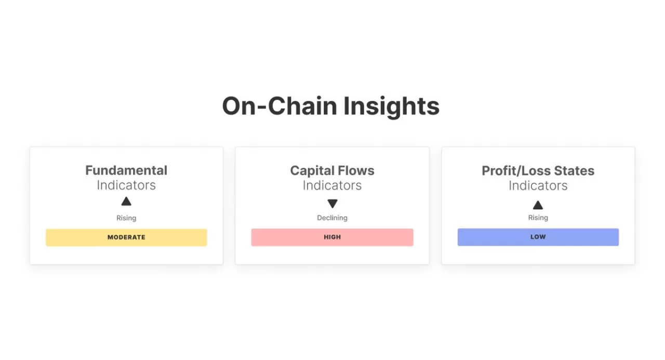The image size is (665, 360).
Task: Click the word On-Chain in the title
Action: tap(280, 106)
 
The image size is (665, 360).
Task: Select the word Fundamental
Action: tap(126, 170)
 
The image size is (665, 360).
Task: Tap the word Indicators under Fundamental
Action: tap(126, 185)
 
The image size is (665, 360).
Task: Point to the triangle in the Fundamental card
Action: tap(126, 202)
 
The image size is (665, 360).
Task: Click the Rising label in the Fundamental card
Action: tap(126, 218)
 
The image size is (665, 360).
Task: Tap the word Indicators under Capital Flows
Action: tap(332, 185)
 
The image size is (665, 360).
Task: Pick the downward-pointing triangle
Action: tap(332, 204)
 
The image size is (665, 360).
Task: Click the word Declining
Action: tap(332, 218)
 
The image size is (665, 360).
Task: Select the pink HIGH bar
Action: tap(332, 237)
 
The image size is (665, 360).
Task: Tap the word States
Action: tap(576, 170)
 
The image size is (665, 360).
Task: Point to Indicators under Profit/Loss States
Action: tap(538, 185)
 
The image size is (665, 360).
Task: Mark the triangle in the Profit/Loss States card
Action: tap(538, 205)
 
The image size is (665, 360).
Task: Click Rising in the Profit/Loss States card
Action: tap(538, 218)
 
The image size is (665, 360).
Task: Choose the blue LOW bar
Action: tap(538, 237)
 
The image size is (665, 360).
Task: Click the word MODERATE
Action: tap(126, 237)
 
